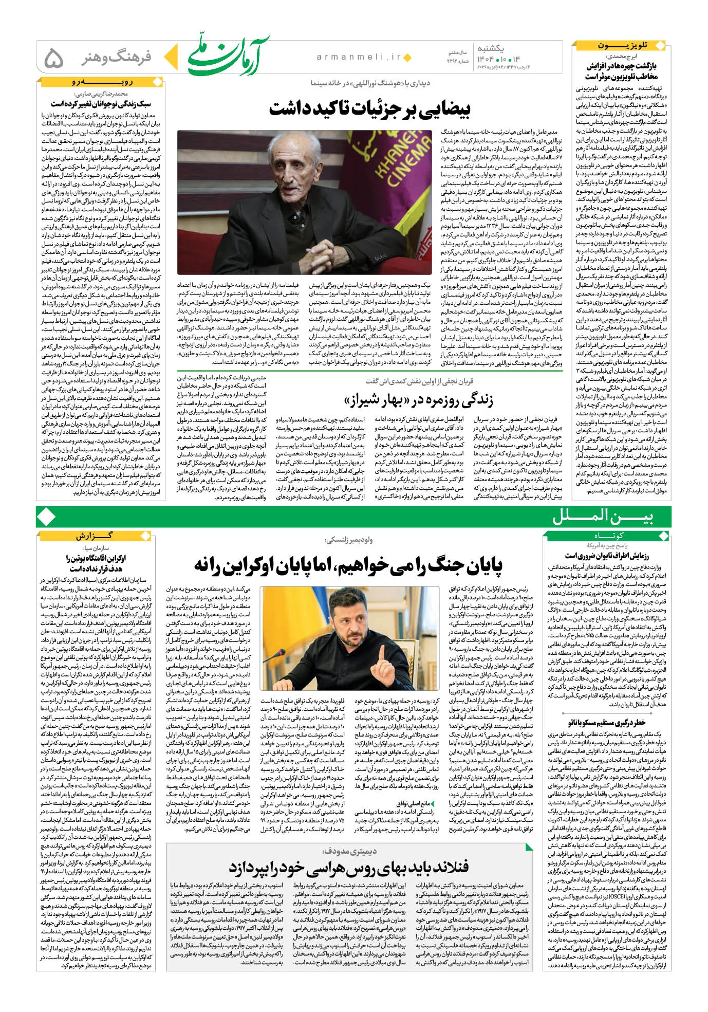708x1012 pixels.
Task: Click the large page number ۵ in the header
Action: pos(54,58)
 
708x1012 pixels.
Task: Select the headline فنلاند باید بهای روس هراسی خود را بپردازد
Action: pos(349,867)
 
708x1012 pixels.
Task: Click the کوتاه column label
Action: pos(606,536)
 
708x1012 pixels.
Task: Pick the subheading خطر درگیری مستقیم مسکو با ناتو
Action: pos(606,722)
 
